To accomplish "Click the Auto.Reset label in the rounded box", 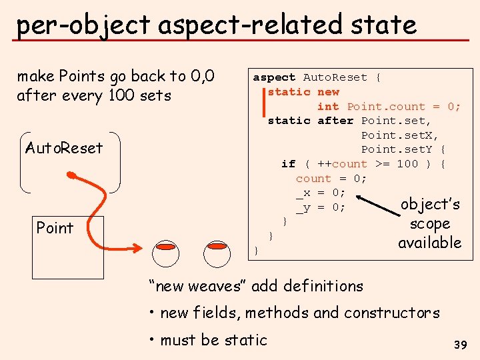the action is point(64,147).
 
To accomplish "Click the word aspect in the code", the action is point(274,77).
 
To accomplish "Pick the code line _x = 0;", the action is point(321,193).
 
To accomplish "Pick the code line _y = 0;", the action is point(321,207).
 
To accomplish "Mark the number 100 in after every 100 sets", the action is point(121,95).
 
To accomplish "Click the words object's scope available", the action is point(429,223).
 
